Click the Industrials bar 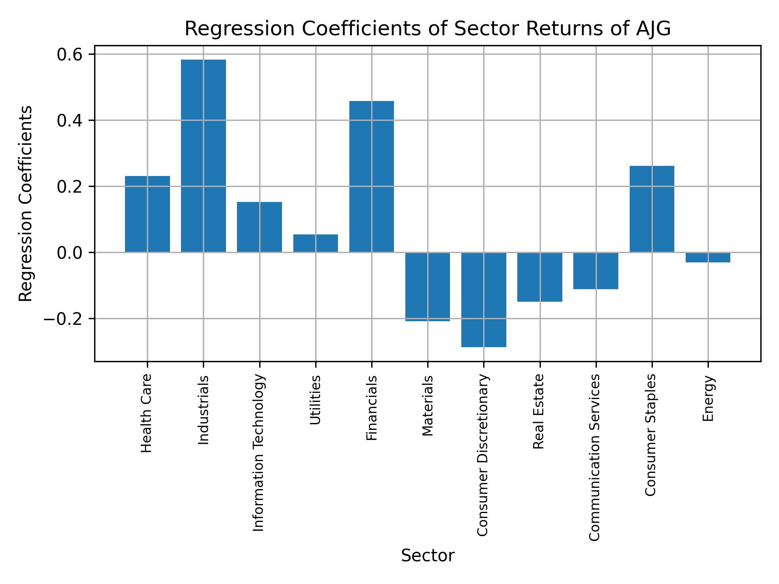[203, 156]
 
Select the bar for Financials [371, 176]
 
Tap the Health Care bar [147, 214]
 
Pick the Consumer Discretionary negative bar [484, 300]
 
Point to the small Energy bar [708, 258]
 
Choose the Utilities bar [315, 243]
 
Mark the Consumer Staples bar [652, 209]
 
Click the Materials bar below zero [428, 287]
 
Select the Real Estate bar [540, 277]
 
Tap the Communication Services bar [596, 271]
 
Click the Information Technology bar [259, 227]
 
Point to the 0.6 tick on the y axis [69, 54]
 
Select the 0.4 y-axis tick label [69, 120]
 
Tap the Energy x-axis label [708, 399]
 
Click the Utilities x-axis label [315, 400]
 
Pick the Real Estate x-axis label [538, 411]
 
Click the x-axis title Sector [428, 556]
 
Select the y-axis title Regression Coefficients [26, 204]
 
